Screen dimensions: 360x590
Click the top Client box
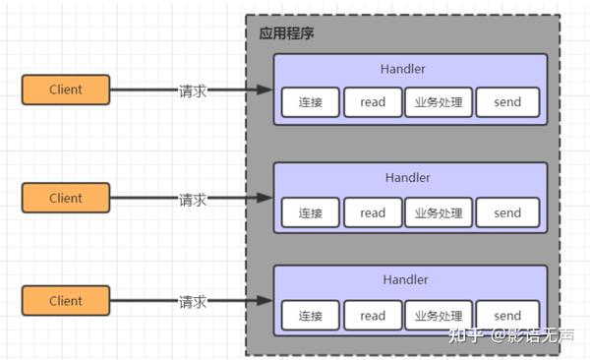tap(65, 90)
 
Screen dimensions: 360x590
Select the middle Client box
tap(65, 198)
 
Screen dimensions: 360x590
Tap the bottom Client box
tap(65, 300)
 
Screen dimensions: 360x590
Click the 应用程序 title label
tap(286, 33)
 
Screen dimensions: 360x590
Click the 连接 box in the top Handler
tap(310, 102)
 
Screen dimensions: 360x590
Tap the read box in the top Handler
tap(373, 102)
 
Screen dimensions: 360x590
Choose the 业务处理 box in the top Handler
tap(439, 102)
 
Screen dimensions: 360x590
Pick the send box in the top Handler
tap(507, 102)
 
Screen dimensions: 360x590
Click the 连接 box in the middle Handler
tap(310, 212)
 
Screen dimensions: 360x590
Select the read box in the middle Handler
tap(373, 212)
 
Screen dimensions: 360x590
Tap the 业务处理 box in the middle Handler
tap(439, 212)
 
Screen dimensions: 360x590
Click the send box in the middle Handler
tap(507, 212)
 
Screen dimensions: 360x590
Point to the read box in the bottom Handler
tap(373, 316)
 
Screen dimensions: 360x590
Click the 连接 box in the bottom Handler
tap(310, 316)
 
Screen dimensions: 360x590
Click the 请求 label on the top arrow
tap(193, 90)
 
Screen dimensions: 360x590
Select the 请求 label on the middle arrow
tap(193, 199)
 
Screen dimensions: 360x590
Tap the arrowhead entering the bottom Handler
tap(265, 301)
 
